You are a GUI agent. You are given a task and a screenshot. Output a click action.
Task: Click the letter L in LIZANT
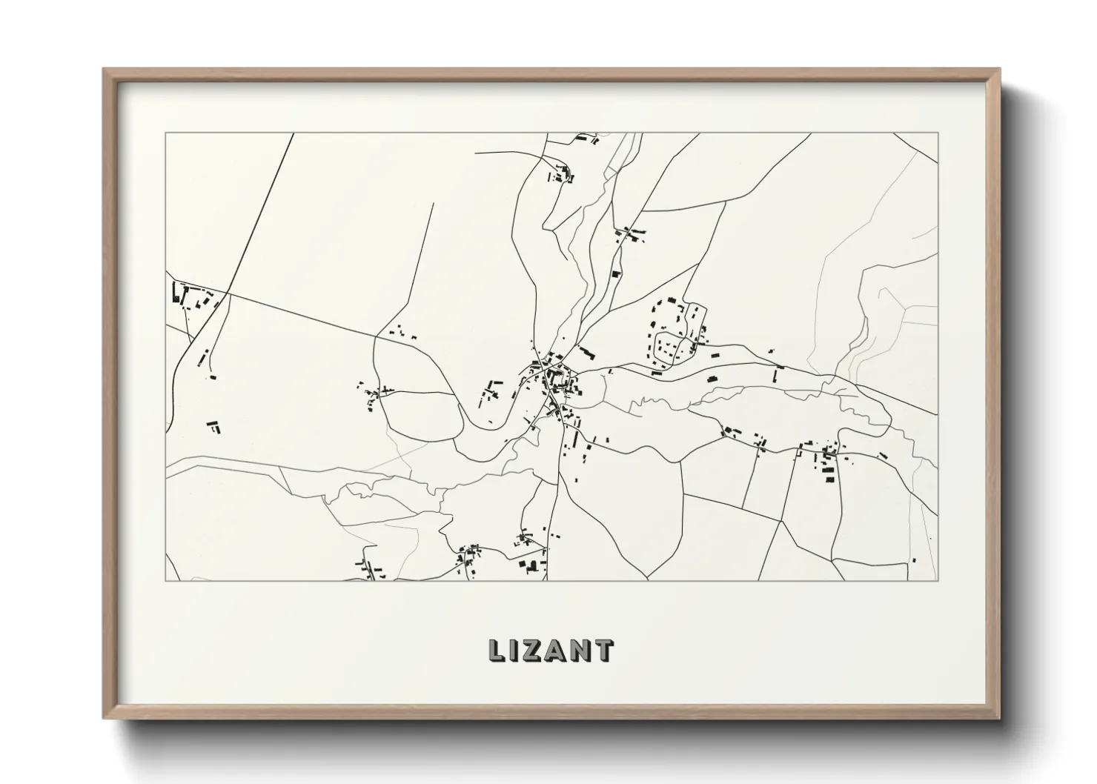pos(497,650)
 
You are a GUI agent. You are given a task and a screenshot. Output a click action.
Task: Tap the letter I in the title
pos(516,650)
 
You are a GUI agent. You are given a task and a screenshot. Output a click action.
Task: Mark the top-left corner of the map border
pos(165,133)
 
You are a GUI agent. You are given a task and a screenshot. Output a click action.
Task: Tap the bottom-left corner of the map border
pos(165,580)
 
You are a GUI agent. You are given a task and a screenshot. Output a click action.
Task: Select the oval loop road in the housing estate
pos(670,348)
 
